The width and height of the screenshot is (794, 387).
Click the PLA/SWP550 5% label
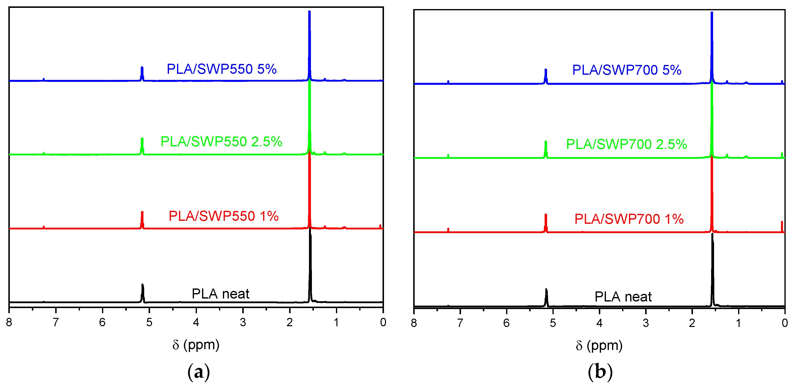pyautogui.click(x=221, y=69)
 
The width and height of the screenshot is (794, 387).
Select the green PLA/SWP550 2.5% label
pyautogui.click(x=221, y=142)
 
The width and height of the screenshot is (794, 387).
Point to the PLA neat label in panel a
pyautogui.click(x=220, y=294)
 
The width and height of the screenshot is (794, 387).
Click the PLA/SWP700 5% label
pyautogui.click(x=627, y=70)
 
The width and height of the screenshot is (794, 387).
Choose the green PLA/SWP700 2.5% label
pyautogui.click(x=627, y=144)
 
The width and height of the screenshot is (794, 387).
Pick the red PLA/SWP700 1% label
pyautogui.click(x=629, y=219)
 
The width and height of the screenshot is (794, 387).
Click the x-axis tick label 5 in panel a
pyautogui.click(x=149, y=322)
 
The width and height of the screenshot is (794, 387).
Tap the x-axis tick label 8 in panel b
pyautogui.click(x=414, y=323)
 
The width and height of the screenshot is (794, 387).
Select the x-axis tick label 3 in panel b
pyautogui.click(x=646, y=323)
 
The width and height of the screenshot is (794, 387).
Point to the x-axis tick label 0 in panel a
pyautogui.click(x=383, y=322)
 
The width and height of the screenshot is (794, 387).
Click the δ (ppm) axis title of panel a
pyautogui.click(x=196, y=345)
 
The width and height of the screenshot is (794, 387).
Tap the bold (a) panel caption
pyautogui.click(x=199, y=372)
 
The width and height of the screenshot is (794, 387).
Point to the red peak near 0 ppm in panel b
pyautogui.click(x=782, y=226)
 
